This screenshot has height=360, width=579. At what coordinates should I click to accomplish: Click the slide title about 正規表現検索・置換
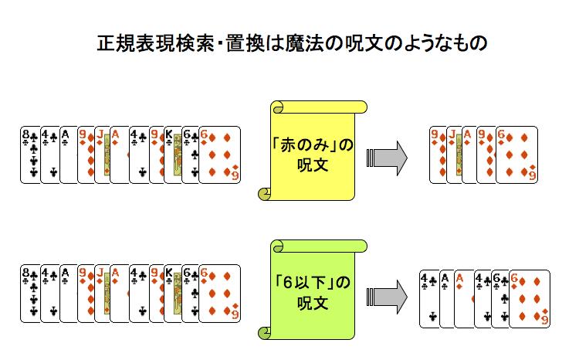tap(292, 42)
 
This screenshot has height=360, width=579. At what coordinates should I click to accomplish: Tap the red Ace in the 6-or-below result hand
tap(462, 297)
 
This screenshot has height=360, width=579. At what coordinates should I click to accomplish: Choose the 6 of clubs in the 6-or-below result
tap(500, 297)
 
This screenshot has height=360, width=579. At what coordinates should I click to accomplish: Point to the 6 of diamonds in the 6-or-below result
tap(531, 297)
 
